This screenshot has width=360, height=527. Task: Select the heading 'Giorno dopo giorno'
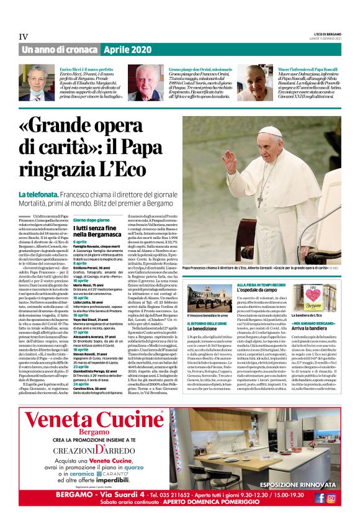point(91,220)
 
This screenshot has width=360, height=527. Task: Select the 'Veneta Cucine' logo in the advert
point(92,424)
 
